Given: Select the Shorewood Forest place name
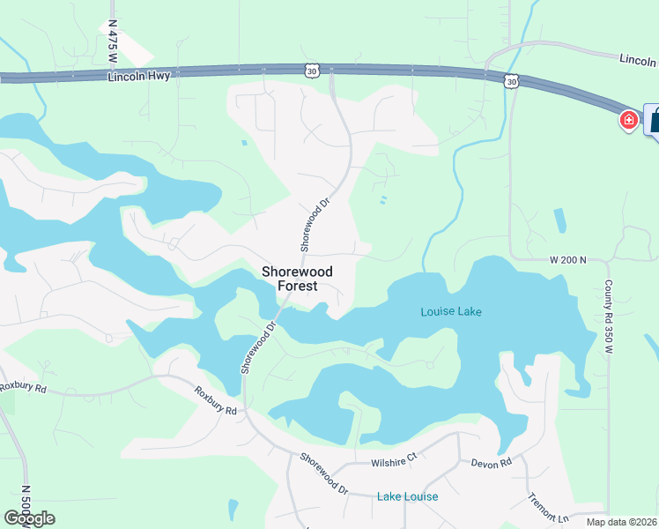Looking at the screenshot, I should pyautogui.click(x=290, y=279).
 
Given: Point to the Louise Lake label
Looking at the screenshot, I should pyautogui.click(x=451, y=311).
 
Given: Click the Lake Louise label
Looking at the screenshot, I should pyautogui.click(x=408, y=496).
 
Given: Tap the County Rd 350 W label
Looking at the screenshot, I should pyautogui.click(x=608, y=317).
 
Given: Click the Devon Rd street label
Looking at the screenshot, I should pyautogui.click(x=492, y=463).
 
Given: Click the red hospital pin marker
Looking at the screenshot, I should pyautogui.click(x=629, y=119).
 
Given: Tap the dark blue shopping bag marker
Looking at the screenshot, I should pyautogui.click(x=654, y=119).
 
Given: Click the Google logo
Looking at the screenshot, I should pyautogui.click(x=29, y=518).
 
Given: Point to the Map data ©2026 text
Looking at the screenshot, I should pyautogui.click(x=621, y=522).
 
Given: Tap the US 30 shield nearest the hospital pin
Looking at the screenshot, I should pyautogui.click(x=512, y=81).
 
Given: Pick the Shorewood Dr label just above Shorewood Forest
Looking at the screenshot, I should pyautogui.click(x=314, y=224).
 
